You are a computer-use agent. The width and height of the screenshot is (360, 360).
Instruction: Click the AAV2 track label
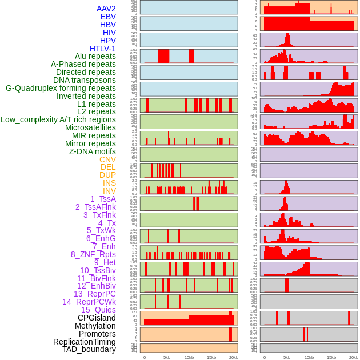106,9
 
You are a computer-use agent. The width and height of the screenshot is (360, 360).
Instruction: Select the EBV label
108,17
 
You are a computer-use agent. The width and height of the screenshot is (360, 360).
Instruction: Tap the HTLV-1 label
103,49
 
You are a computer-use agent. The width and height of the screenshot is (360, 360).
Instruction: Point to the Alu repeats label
95,56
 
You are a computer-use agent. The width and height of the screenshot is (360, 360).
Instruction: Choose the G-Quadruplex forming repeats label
61,88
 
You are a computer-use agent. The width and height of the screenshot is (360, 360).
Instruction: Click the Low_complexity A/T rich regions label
58,119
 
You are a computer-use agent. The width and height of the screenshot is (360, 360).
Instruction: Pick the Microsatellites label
90,127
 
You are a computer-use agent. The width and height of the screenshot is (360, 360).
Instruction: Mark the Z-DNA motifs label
93,151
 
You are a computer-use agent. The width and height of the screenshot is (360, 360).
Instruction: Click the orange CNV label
107,159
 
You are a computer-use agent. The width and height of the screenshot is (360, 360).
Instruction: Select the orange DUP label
107,175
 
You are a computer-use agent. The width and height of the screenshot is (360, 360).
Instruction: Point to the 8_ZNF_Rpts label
93,254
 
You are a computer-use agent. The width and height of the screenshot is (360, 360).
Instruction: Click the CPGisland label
97,318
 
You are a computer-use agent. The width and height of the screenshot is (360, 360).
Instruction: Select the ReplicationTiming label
84,342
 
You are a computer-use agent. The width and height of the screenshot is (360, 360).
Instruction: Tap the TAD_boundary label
89,349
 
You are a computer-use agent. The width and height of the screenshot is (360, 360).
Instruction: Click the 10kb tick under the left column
189,357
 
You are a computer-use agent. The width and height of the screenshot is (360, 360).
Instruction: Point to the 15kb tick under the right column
331,357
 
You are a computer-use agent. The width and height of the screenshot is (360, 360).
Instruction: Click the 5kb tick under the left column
167,357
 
